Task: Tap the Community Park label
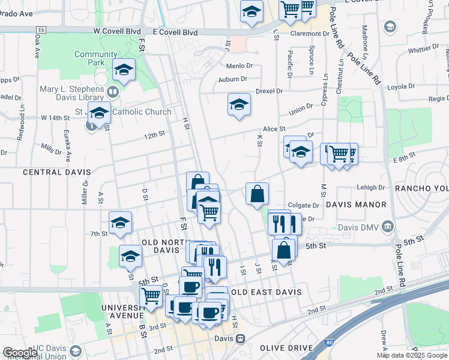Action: [x=96, y=58]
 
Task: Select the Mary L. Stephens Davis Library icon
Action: [x=112, y=92]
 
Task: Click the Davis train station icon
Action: [x=240, y=338]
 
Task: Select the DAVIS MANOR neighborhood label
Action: [x=356, y=205]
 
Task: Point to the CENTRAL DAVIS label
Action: [x=51, y=172]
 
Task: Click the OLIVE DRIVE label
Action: [x=286, y=348]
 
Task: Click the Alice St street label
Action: [x=274, y=128]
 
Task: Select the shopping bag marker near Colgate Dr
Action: [x=257, y=193]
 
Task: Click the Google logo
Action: [x=20, y=353]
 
